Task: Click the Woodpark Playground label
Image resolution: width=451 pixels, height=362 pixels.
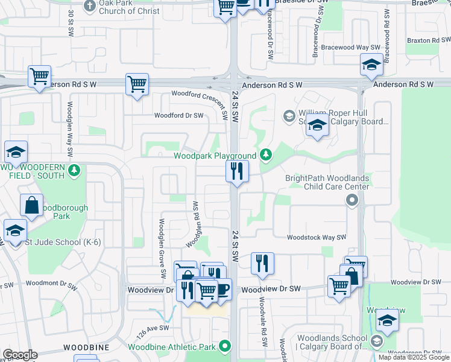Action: tap(215, 156)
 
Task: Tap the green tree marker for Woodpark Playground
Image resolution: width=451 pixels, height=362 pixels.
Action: tap(266, 156)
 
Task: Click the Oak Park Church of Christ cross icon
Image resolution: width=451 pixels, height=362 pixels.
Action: tap(90, 7)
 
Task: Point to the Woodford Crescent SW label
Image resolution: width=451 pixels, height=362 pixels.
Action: tap(200, 94)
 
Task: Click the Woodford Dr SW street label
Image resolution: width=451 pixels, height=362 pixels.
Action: tap(179, 115)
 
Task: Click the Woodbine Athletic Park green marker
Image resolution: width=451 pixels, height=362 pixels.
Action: tap(225, 346)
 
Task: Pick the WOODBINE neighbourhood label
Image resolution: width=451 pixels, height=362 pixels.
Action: tap(83, 348)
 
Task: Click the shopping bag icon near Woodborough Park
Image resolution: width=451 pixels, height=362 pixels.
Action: tap(31, 205)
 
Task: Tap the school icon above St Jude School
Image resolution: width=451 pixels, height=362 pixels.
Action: tap(15, 230)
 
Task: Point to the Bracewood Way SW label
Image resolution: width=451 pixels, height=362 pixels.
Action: tap(350, 47)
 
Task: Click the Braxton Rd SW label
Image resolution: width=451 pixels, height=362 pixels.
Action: tap(426, 40)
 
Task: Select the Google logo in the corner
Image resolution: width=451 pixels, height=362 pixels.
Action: tap(20, 354)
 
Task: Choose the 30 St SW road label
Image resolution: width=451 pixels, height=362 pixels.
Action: tap(71, 21)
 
